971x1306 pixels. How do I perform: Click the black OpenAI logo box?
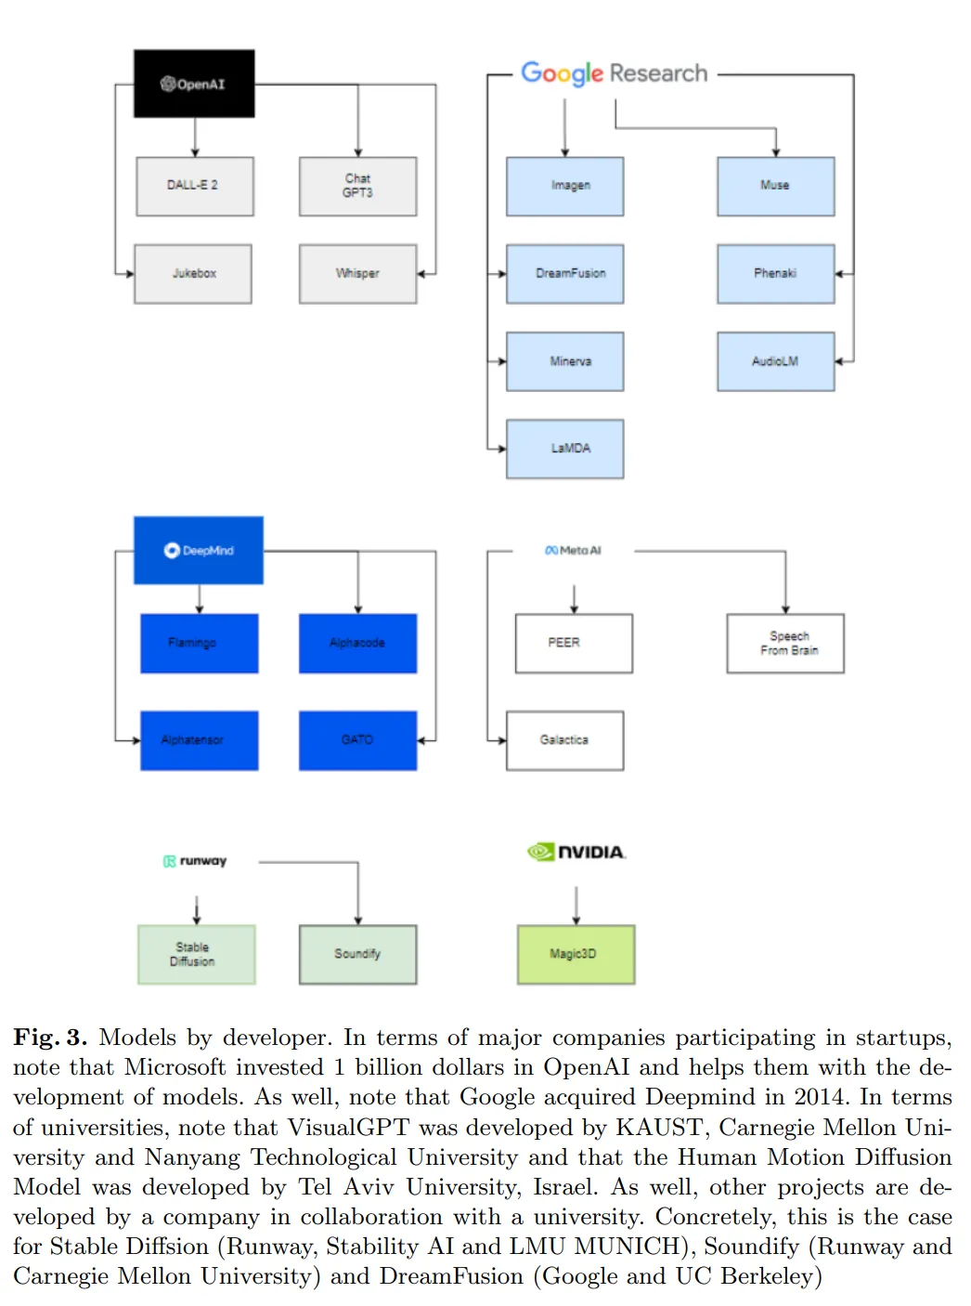194,84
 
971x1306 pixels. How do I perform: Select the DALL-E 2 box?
194,186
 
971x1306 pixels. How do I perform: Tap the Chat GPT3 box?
357,186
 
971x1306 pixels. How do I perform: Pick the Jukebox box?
193,274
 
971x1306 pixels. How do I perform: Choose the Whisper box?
357,274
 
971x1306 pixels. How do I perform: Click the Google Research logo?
614,72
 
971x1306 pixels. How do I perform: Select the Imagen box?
564,186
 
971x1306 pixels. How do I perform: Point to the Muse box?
775,186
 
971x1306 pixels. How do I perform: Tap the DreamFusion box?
564,274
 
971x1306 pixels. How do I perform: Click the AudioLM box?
775,361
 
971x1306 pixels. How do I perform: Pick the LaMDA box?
564,449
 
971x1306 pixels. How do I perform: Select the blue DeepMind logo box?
199,550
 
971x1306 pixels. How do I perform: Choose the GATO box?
357,740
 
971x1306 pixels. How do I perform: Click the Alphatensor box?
199,740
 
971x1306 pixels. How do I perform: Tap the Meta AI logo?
574,551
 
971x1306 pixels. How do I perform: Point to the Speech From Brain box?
785,643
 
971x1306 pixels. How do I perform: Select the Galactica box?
564,740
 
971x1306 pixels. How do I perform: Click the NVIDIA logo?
576,852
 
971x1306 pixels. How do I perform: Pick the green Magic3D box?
576,954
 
